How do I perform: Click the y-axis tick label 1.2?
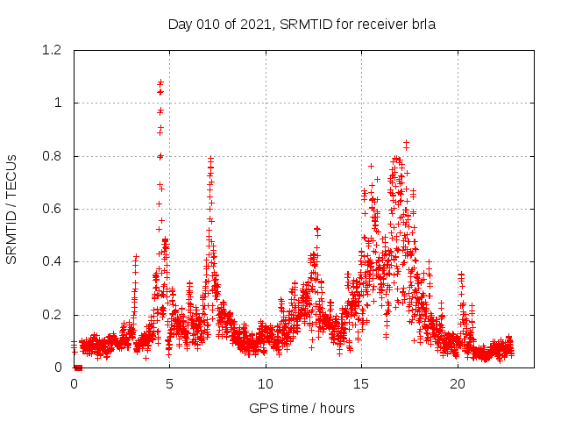[55, 50]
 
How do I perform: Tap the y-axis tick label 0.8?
[55, 156]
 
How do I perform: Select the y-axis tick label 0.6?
[55, 209]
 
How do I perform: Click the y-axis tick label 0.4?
[55, 261]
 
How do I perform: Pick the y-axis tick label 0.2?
[55, 315]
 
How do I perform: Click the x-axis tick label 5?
[169, 384]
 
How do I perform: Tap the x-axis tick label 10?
[266, 384]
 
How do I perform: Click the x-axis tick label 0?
[74, 384]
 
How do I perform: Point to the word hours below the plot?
[337, 408]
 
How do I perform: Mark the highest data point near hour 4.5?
[160, 82]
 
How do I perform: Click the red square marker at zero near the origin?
[78, 367]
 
